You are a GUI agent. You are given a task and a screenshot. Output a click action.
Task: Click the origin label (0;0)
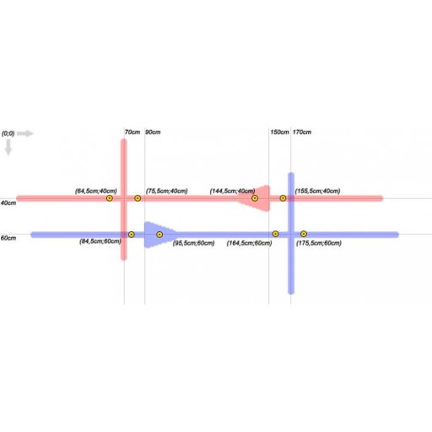click(x=8, y=133)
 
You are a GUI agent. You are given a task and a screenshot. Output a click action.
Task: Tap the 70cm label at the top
click(x=132, y=132)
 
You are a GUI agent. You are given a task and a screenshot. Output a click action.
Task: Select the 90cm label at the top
click(x=153, y=132)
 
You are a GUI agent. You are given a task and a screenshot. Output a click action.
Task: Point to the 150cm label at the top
click(x=279, y=132)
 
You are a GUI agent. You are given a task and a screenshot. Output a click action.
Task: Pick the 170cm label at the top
click(x=302, y=132)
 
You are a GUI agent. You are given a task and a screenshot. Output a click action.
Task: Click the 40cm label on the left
click(x=8, y=202)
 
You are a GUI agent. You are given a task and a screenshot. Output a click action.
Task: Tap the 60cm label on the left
click(x=8, y=238)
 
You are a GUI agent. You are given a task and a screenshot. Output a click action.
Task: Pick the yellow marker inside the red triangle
click(x=255, y=198)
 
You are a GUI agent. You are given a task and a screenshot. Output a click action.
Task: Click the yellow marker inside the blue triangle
click(x=159, y=235)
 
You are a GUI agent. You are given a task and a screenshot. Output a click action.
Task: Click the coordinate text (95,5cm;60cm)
click(x=194, y=243)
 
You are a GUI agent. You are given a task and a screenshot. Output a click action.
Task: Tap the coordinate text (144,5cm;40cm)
click(x=232, y=192)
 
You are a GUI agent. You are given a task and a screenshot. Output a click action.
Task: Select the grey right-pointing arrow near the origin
click(x=25, y=133)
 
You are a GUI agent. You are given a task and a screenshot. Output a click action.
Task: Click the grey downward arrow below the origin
click(x=8, y=148)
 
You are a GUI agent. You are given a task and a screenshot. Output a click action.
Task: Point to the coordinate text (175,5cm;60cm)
click(x=319, y=243)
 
